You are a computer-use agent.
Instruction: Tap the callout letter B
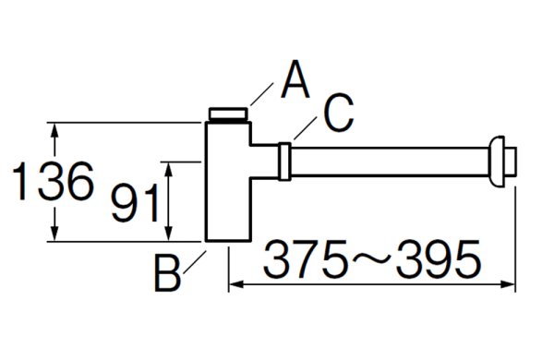167,274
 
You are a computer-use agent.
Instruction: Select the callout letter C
338,114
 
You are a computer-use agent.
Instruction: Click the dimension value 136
53,181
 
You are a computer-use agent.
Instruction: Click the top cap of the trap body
228,114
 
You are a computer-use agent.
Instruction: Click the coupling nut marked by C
286,162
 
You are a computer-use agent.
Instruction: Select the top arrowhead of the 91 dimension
168,164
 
